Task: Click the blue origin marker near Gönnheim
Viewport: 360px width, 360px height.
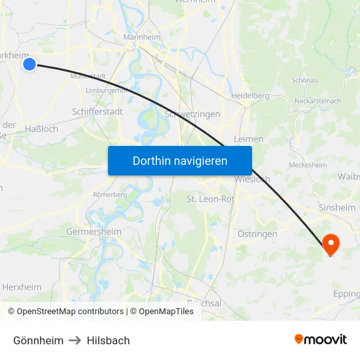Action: (29, 63)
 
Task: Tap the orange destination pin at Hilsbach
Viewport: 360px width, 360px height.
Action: (331, 244)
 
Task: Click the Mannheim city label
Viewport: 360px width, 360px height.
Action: (142, 37)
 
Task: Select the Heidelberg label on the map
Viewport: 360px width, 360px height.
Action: (249, 96)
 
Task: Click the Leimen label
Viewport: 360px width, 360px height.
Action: (248, 139)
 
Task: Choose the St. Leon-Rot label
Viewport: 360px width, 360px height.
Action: (211, 199)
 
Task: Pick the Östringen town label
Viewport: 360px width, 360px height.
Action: (257, 234)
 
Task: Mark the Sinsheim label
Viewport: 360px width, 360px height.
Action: (336, 207)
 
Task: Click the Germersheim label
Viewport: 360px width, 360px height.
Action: (94, 232)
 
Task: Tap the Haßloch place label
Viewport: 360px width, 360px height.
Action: (41, 129)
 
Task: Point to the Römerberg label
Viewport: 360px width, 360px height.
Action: (110, 194)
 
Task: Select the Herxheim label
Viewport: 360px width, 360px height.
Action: (22, 287)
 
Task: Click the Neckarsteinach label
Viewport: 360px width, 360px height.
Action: (317, 101)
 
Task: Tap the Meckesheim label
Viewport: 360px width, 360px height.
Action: (308, 165)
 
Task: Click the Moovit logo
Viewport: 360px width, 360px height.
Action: (320, 339)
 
